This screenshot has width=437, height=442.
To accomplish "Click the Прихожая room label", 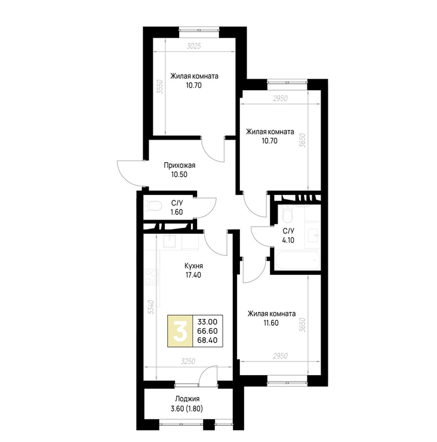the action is point(180,165).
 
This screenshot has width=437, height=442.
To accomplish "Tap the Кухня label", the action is point(193,266).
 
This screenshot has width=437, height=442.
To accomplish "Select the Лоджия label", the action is point(187,399).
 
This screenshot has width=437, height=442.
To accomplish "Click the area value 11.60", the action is point(271,323).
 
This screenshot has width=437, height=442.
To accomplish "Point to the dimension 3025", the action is point(194,46).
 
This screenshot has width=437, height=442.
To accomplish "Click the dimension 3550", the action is point(160,87).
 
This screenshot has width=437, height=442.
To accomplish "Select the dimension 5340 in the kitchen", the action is point(151,307).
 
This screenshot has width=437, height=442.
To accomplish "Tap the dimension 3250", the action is point(188,361).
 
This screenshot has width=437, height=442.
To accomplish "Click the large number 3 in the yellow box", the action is point(180,331).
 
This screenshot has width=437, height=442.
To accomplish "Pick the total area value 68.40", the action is point(207,340).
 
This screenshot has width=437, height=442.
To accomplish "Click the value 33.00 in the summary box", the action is point(207,322).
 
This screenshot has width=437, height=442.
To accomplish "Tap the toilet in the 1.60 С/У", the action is point(153,206).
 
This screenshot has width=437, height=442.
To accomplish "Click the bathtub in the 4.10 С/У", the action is point(298,261).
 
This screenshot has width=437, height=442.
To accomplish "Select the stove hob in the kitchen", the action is point(152,277).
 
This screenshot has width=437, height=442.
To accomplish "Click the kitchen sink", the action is point(170,241).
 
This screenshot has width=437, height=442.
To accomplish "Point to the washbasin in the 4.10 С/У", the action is point(313,234).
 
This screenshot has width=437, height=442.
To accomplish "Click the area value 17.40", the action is point(193,275).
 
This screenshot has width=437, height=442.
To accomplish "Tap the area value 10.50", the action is point(179,175).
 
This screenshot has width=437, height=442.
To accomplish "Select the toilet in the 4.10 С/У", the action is point(287,214).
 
